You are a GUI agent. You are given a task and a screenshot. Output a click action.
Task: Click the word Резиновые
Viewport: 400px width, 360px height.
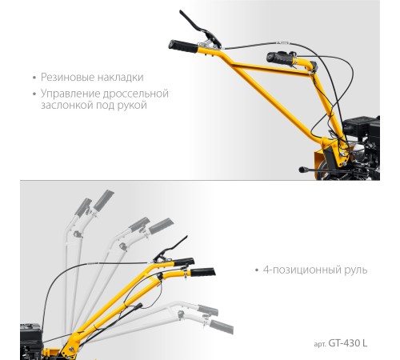67,78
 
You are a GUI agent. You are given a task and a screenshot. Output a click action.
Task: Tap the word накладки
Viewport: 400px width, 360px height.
120,78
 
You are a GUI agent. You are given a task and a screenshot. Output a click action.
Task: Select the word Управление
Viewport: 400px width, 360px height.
70,94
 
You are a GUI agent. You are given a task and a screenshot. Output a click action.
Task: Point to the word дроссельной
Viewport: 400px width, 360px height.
136,94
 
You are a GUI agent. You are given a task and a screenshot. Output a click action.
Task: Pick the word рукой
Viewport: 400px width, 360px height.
132,105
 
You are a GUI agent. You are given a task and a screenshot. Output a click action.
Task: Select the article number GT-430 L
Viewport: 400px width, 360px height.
348,343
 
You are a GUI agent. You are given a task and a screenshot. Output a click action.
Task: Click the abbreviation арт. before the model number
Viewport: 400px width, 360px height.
320,344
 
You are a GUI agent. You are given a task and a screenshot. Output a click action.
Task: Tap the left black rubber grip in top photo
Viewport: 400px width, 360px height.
183,46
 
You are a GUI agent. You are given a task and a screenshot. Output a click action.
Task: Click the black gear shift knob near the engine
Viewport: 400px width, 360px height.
302,170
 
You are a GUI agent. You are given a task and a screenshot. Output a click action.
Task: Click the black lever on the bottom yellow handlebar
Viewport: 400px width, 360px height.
170,249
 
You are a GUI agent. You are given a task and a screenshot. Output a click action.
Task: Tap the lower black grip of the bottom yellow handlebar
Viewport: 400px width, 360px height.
203,272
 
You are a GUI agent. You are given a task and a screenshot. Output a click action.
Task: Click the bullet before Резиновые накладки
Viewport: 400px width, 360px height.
34,78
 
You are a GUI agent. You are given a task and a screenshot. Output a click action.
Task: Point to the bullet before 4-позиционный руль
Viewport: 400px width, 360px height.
257,270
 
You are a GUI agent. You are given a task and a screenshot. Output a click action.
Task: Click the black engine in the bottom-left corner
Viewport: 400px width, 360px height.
31,342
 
